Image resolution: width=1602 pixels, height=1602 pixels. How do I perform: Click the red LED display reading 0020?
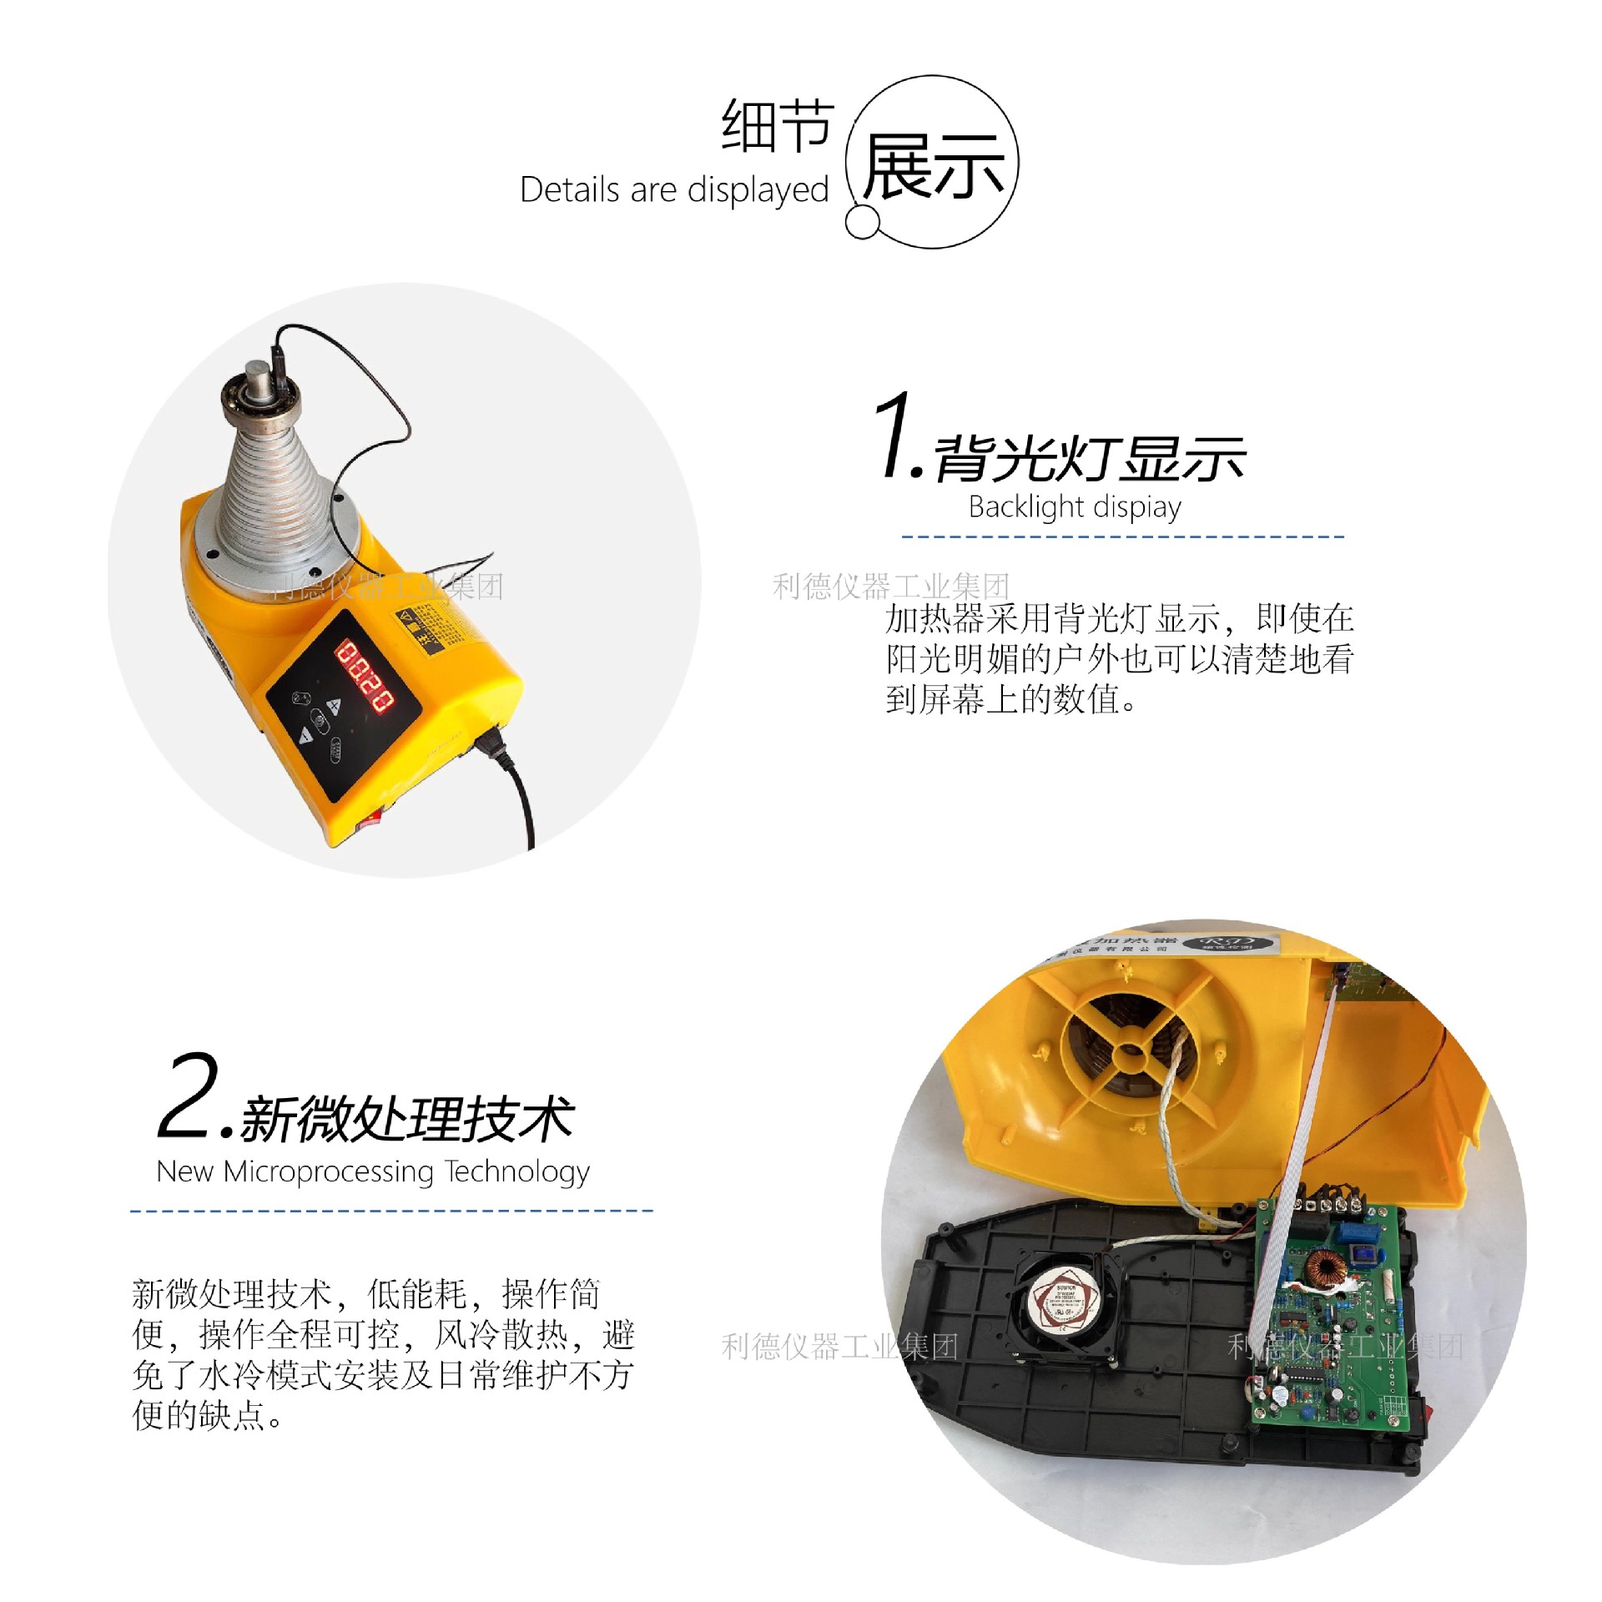click(365, 675)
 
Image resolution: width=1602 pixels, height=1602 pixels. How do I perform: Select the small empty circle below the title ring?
click(862, 222)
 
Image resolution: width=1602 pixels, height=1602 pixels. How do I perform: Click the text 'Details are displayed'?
click(673, 190)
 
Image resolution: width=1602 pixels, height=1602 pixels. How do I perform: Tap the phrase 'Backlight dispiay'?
click(1074, 506)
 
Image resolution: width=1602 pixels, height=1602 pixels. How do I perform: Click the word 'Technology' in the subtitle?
click(516, 1171)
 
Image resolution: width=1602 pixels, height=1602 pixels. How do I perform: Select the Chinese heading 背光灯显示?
click(1090, 459)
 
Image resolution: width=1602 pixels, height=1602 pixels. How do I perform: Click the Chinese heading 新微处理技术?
click(407, 1119)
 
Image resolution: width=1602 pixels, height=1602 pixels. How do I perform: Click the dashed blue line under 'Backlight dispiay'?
click(1122, 537)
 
